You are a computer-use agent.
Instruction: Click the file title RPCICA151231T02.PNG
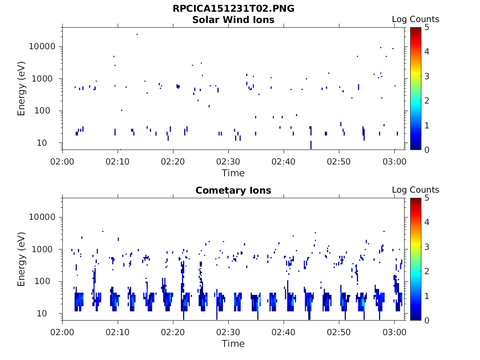[233, 9]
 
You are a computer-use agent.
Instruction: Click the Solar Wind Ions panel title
[233, 20]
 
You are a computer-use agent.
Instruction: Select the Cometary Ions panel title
[233, 190]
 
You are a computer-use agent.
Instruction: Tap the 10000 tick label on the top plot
[43, 46]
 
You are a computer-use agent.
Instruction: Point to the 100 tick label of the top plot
[49, 111]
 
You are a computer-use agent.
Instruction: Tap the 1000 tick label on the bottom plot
[46, 249]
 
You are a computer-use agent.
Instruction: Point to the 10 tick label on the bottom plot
[52, 314]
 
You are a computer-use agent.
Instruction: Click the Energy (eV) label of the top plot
[22, 88]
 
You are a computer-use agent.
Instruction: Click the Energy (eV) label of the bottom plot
[22, 259]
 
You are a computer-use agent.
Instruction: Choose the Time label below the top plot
[233, 173]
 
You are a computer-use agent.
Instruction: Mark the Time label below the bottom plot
[233, 344]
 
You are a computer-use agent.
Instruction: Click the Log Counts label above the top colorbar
[415, 19]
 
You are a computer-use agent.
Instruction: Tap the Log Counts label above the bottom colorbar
[415, 190]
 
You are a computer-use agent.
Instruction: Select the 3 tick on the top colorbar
[426, 76]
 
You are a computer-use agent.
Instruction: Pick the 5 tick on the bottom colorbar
[426, 198]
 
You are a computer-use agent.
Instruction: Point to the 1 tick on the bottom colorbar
[426, 296]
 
